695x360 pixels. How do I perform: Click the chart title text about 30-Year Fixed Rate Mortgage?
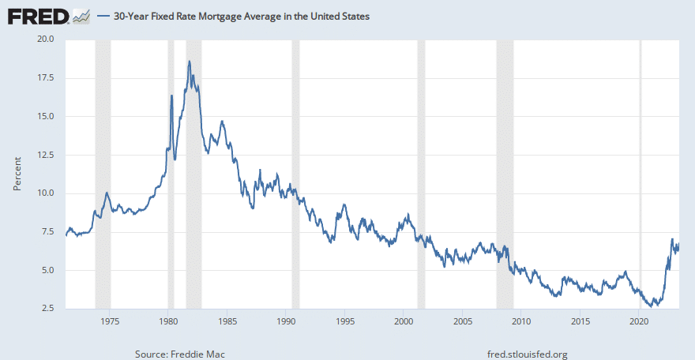pos(242,16)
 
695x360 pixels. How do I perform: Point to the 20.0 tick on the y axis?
pos(43,39)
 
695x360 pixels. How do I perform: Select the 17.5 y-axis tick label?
pos(43,77)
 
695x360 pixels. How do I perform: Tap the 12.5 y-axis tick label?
pos(43,155)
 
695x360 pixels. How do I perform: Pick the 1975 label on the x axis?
pos(110,321)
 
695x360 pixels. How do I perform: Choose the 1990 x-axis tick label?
pos(286,321)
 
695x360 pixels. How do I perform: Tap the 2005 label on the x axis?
pos(463,321)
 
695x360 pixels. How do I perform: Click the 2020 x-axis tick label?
pos(639,321)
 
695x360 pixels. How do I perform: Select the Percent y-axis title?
pos(17,174)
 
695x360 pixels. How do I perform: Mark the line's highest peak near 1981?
pos(189,62)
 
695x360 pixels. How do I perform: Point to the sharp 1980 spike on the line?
pos(171,96)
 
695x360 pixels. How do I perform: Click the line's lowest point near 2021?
pos(651,306)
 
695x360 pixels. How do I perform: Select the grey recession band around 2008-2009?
pos(505,174)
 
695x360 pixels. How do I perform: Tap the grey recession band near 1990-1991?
pos(295,174)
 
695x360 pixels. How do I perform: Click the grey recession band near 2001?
pos(421,174)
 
